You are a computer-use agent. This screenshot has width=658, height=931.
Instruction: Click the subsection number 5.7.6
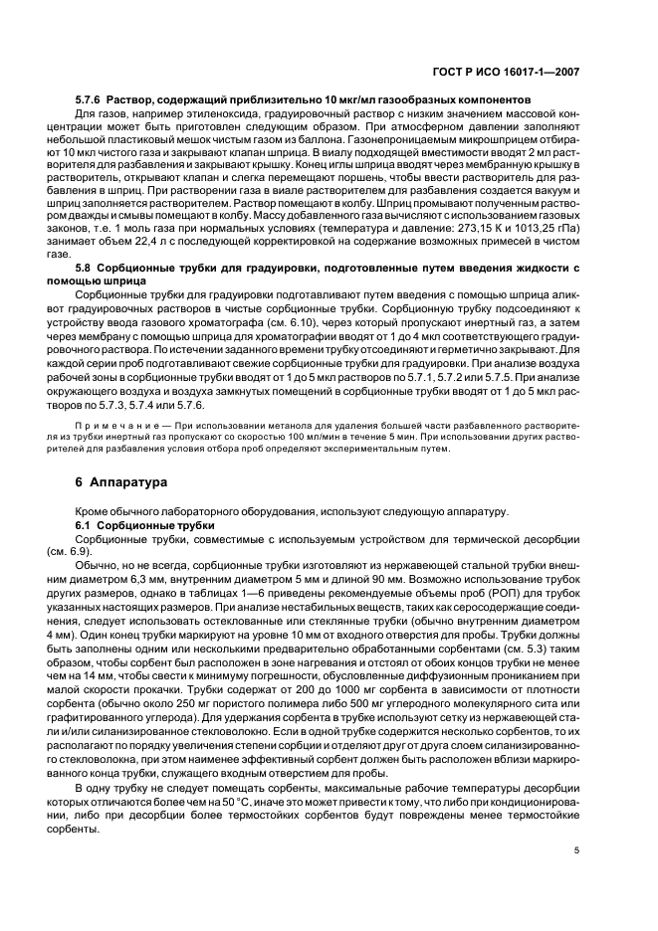[92, 100]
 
